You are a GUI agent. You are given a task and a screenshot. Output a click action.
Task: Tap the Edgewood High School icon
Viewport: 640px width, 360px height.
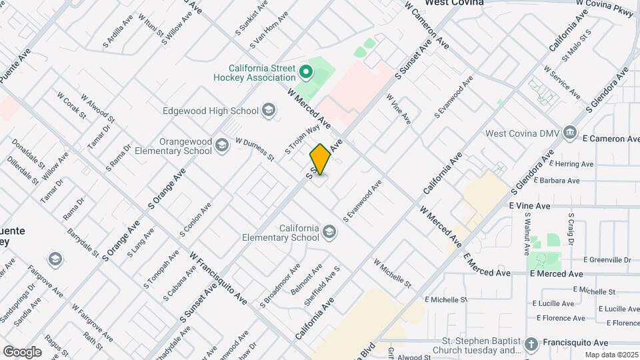pyautogui.click(x=269, y=111)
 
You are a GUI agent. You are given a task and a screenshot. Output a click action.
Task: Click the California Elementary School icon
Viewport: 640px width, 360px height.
pyautogui.click(x=329, y=232)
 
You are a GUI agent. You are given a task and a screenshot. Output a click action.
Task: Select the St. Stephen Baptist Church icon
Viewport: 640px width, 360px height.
pyautogui.click(x=531, y=344)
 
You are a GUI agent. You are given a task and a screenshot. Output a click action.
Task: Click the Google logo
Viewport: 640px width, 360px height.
pyautogui.click(x=22, y=351)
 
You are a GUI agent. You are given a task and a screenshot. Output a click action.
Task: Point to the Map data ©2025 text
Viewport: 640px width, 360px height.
pyautogui.click(x=611, y=355)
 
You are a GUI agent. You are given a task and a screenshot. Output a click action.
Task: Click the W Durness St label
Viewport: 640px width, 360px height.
pyautogui.click(x=255, y=149)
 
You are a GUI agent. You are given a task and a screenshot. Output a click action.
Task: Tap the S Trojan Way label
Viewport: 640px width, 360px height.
pyautogui.click(x=303, y=140)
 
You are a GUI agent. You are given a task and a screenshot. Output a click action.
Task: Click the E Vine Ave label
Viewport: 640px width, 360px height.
pyautogui.click(x=530, y=207)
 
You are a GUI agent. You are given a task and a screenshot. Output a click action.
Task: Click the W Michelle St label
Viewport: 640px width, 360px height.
pyautogui.click(x=392, y=274)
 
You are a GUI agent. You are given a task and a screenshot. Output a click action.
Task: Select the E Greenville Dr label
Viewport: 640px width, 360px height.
pyautogui.click(x=607, y=259)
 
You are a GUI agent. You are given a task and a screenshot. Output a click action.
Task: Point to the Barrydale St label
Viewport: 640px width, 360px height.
pyautogui.click(x=83, y=244)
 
